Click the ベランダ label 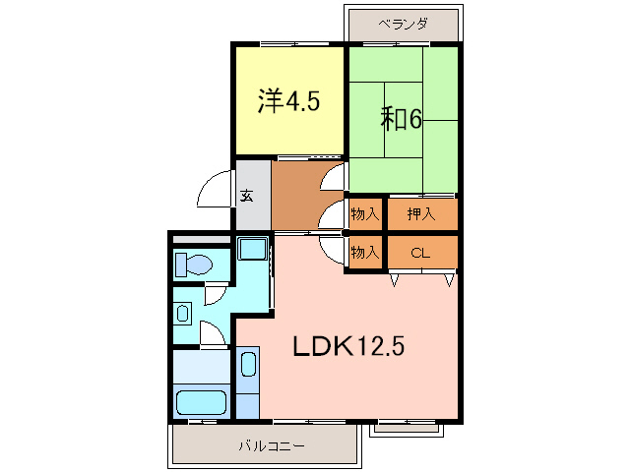(402, 25)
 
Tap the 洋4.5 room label (288, 100)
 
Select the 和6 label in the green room (402, 119)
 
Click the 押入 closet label (421, 213)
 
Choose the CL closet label (421, 253)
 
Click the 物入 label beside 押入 (364, 213)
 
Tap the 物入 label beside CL (364, 253)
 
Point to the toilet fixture (194, 265)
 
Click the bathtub (201, 402)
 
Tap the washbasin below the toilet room (184, 314)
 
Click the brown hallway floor (295, 197)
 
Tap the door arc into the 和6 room (335, 177)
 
